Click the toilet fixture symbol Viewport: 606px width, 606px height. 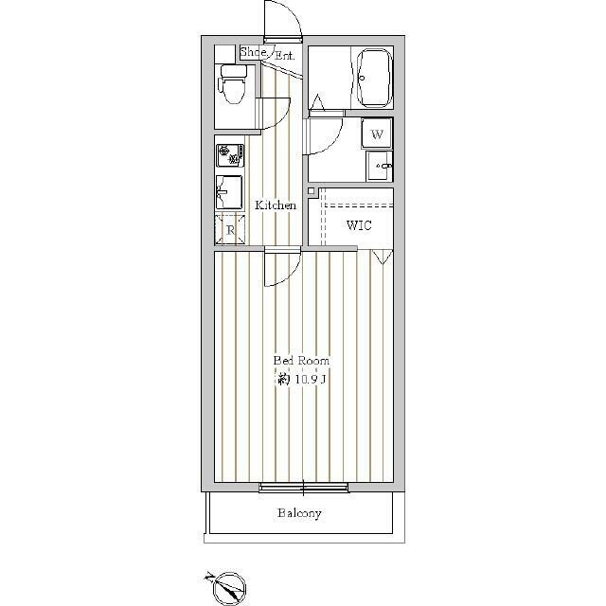coord(232,84)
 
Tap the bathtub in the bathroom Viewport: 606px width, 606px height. coord(374,78)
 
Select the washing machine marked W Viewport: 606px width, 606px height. coord(377,134)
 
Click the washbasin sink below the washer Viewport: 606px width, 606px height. coord(379,166)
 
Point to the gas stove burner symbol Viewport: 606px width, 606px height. coord(230,155)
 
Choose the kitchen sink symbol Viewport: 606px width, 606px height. coord(229,192)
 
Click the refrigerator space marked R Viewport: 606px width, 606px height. coord(230,229)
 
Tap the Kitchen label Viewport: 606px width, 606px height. coord(276,205)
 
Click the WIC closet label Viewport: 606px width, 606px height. coord(359,225)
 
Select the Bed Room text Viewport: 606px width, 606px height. coord(301,361)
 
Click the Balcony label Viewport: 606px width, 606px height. coord(299,513)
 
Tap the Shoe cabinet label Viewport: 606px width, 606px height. coord(254,52)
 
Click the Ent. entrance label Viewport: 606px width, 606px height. coord(284,56)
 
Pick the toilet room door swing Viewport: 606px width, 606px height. coord(283,118)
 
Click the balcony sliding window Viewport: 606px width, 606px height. coord(303,488)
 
